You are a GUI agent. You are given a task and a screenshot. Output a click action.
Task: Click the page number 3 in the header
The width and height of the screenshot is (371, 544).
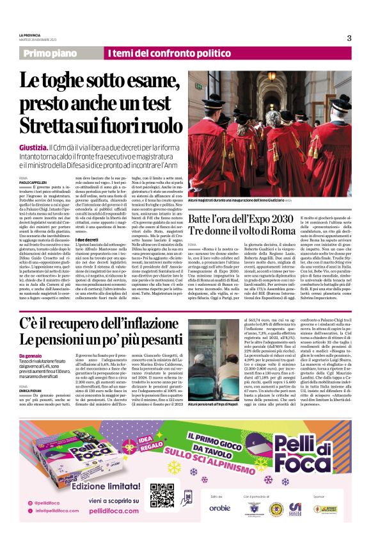click(x=349, y=38)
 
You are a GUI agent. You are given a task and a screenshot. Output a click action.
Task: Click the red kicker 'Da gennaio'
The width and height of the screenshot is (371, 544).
click(x=31, y=356)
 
